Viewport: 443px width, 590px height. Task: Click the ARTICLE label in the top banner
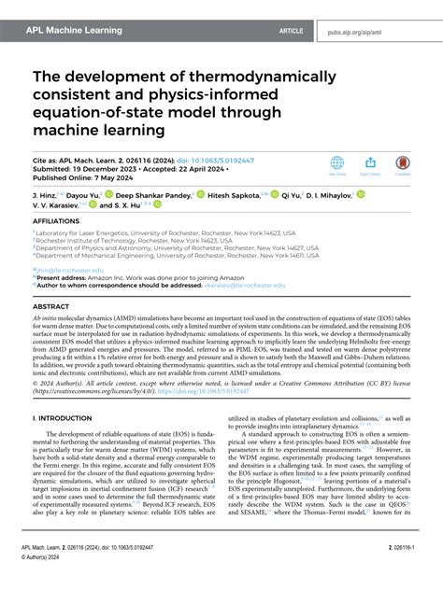coord(291,30)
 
